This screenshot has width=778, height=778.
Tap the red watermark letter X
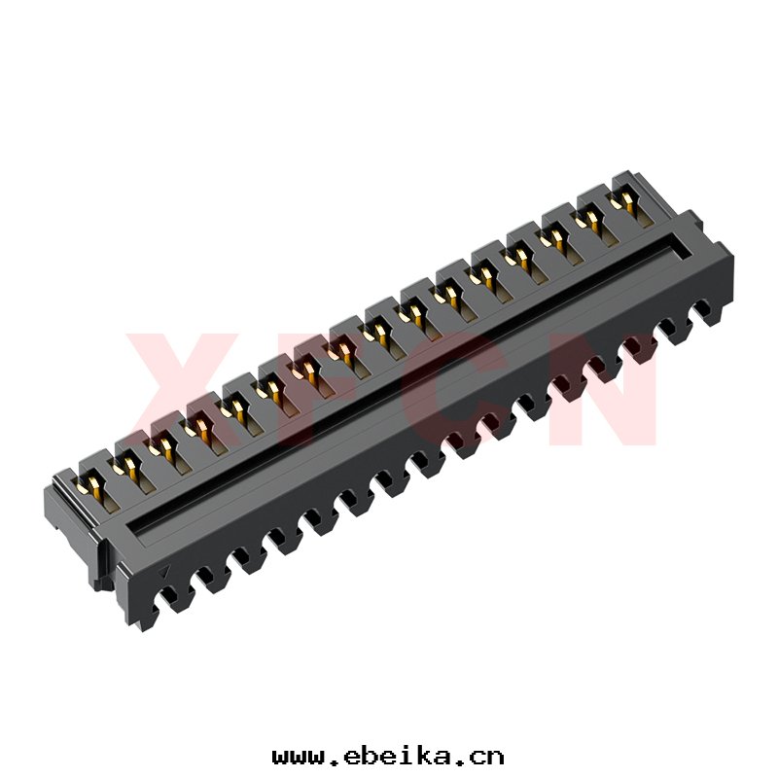coord(184,388)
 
